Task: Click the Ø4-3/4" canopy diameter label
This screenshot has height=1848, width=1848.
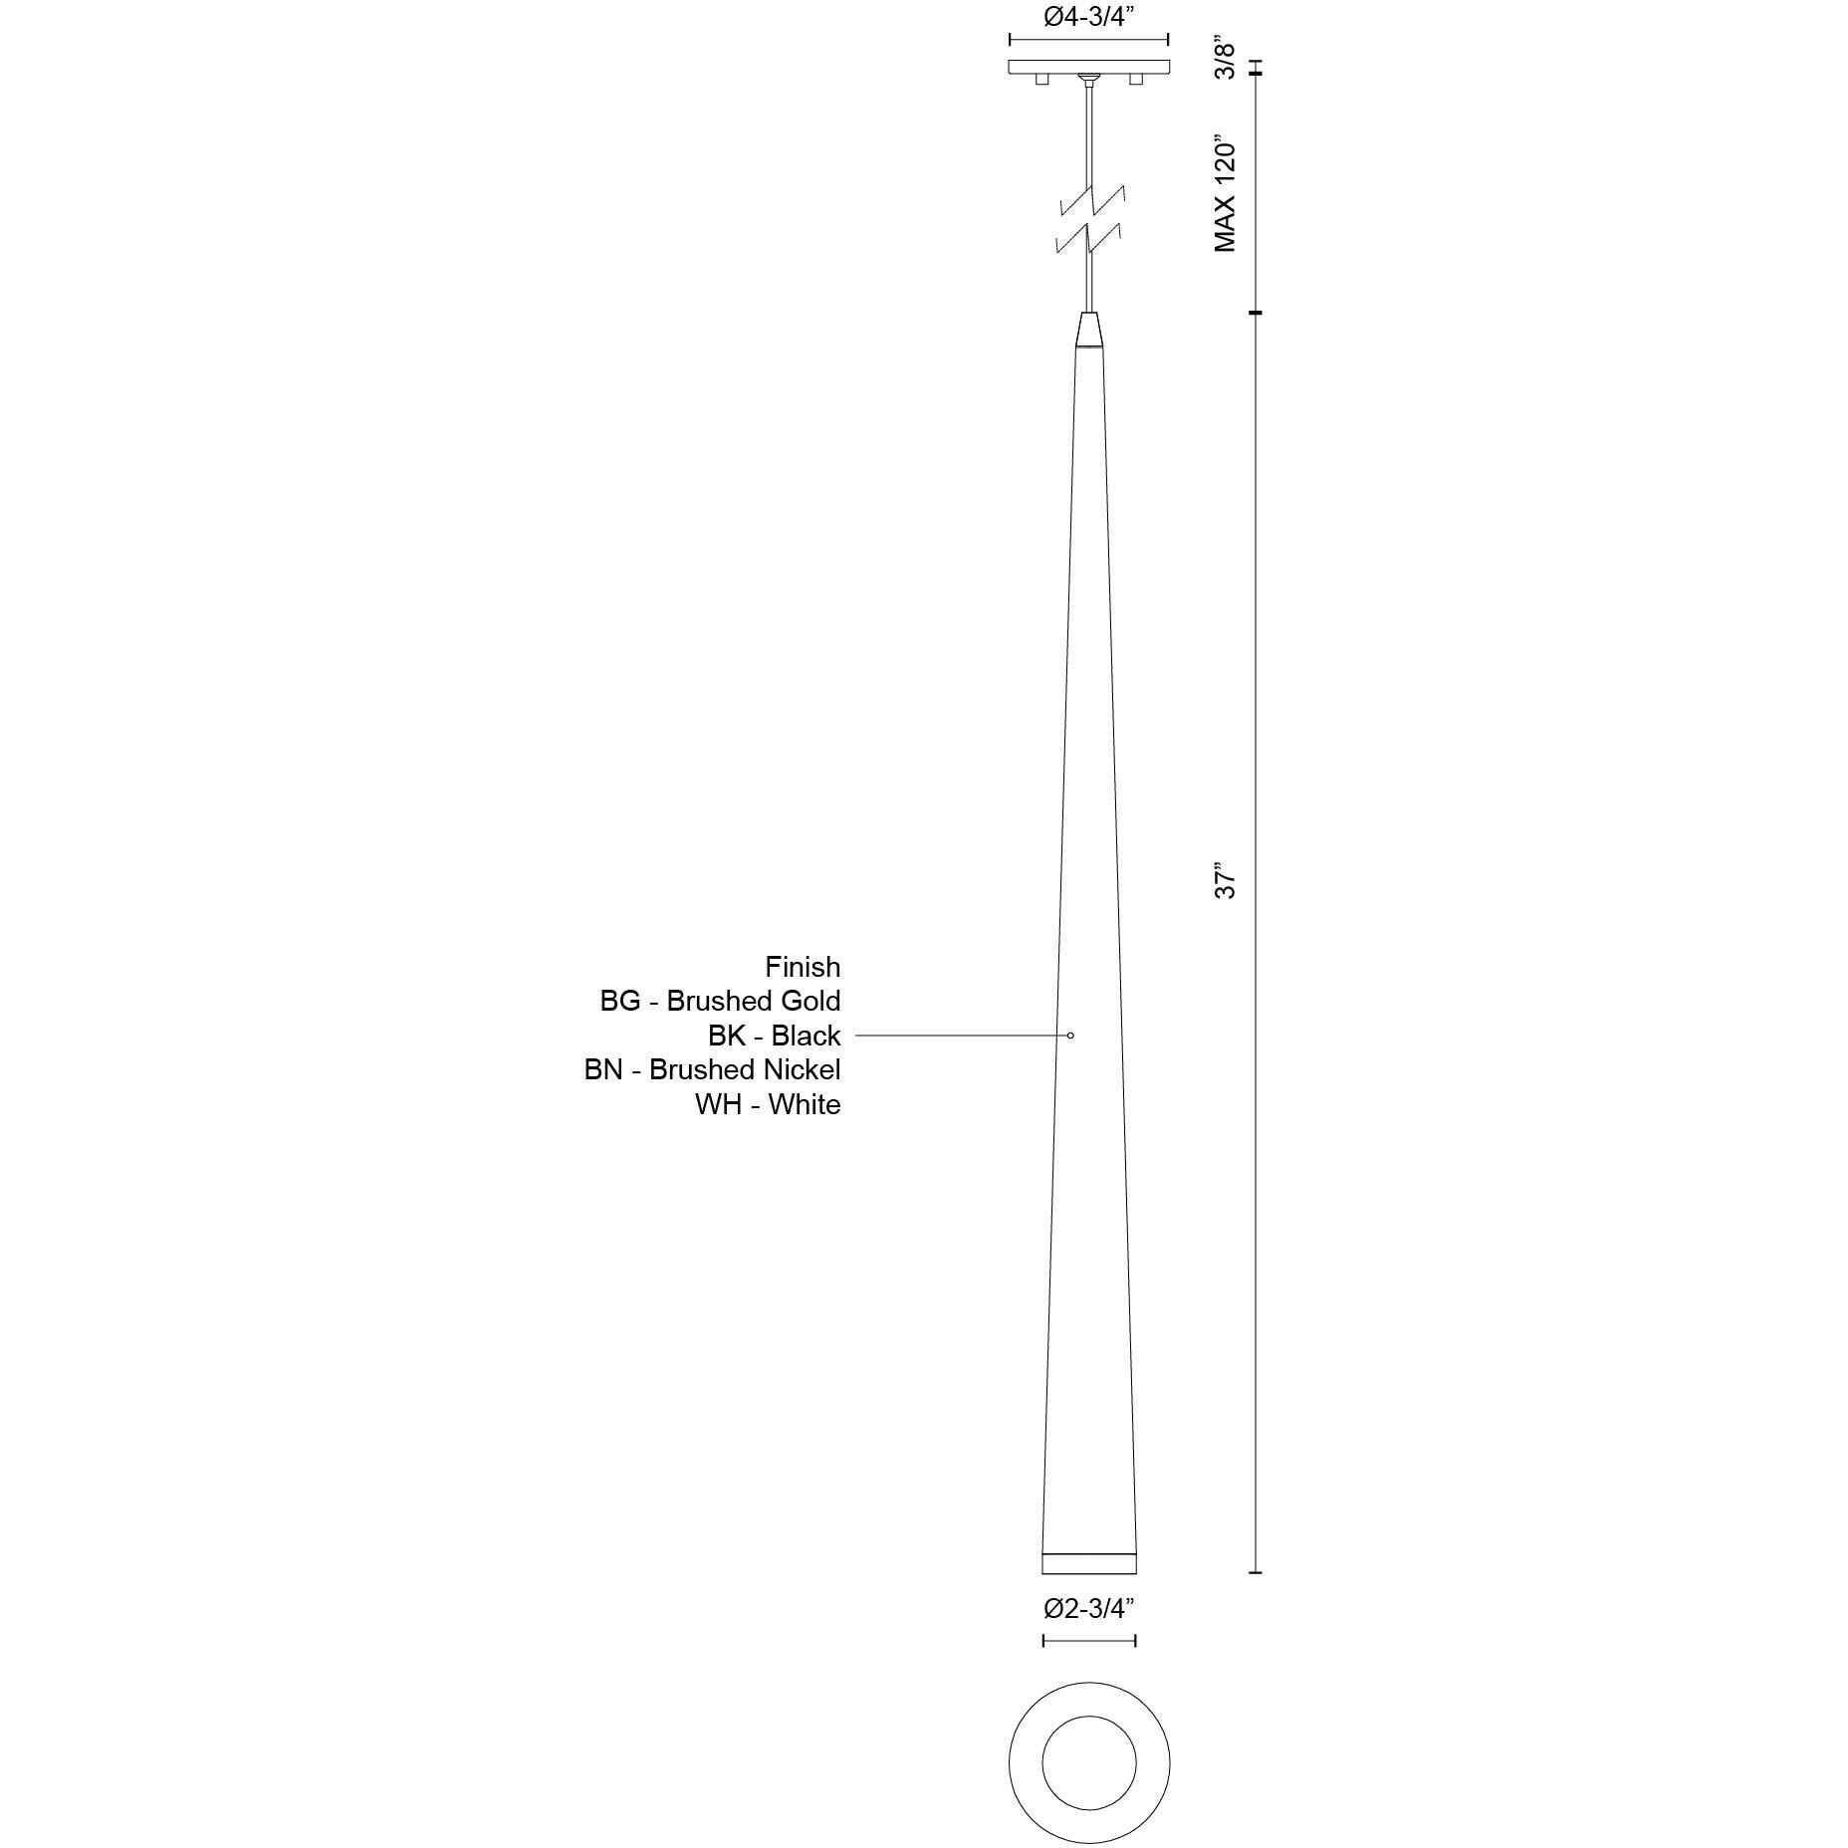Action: click(1088, 18)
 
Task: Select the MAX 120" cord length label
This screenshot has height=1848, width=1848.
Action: click(1226, 193)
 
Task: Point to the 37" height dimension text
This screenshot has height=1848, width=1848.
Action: click(1226, 882)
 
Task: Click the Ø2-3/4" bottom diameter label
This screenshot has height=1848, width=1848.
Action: click(1088, 1636)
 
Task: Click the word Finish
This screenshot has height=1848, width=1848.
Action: click(803, 967)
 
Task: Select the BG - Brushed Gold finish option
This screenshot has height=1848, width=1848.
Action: click(720, 1001)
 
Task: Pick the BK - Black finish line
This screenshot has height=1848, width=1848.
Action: click(774, 1036)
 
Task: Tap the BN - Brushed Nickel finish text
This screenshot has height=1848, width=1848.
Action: click(712, 1069)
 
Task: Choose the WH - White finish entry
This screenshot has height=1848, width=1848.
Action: click(767, 1104)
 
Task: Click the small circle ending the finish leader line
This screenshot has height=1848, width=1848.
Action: click(1070, 1036)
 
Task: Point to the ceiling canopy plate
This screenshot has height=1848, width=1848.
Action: click(1088, 67)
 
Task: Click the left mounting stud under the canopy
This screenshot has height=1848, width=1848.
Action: click(1041, 79)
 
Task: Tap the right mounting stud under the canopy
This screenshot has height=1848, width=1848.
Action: click(1135, 79)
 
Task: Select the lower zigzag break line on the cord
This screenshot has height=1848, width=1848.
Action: click(1092, 240)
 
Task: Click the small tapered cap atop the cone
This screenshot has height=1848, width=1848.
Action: click(1089, 330)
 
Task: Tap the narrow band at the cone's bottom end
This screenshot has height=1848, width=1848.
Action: click(1089, 1562)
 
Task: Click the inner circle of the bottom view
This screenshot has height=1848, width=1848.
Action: click(1089, 1763)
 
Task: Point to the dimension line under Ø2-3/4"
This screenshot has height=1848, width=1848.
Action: click(1089, 1668)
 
